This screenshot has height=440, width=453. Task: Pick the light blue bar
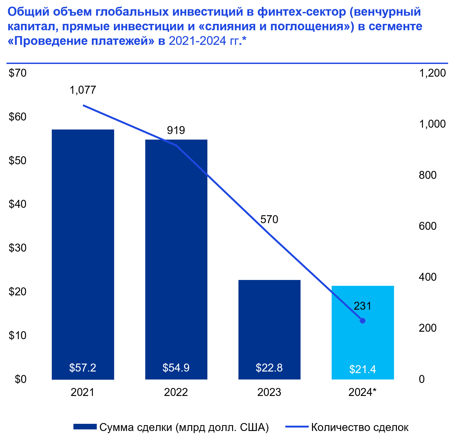[x=363, y=345]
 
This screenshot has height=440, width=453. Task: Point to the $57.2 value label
[x=83, y=368]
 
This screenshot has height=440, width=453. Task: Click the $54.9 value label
[x=176, y=368]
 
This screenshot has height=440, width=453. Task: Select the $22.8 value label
[x=269, y=368]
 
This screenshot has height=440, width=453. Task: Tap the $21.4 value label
[x=363, y=369]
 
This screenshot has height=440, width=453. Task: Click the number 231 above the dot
[x=362, y=306]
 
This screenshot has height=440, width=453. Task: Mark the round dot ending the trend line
[x=362, y=321]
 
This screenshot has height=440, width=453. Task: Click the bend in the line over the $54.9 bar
[x=177, y=145]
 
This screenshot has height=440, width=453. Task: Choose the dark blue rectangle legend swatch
[x=85, y=426]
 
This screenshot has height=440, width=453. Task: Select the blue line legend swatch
[x=297, y=426]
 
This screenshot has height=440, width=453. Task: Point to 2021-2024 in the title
[x=197, y=41]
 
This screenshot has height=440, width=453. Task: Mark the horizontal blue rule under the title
[x=227, y=63]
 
